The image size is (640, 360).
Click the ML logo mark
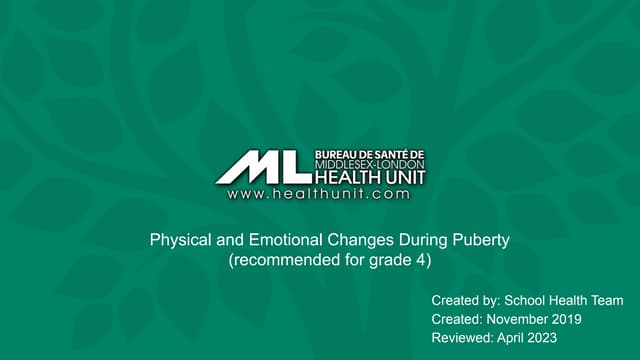263,166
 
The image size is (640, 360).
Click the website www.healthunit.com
318,194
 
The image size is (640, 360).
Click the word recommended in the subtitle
280,260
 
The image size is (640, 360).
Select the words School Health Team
564,300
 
